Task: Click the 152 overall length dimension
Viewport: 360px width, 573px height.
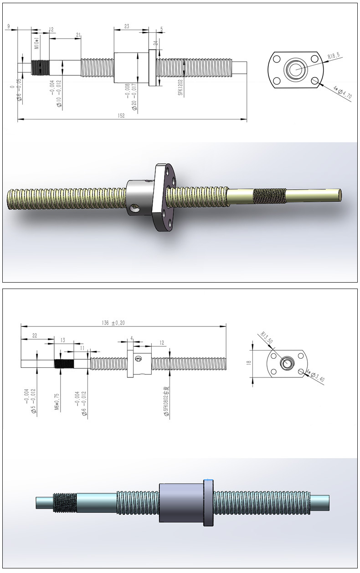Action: (x=121, y=116)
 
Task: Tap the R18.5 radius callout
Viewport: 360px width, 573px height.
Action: (x=334, y=57)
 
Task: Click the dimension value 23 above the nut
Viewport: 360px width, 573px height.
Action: (x=126, y=26)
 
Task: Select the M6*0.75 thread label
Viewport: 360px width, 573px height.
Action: (x=57, y=402)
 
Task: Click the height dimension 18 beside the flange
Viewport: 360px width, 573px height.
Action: (x=248, y=363)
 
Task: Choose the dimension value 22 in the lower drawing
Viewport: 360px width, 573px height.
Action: (x=35, y=336)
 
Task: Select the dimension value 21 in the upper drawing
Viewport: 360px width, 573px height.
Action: (x=78, y=35)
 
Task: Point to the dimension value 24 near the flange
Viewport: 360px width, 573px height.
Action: (x=155, y=43)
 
